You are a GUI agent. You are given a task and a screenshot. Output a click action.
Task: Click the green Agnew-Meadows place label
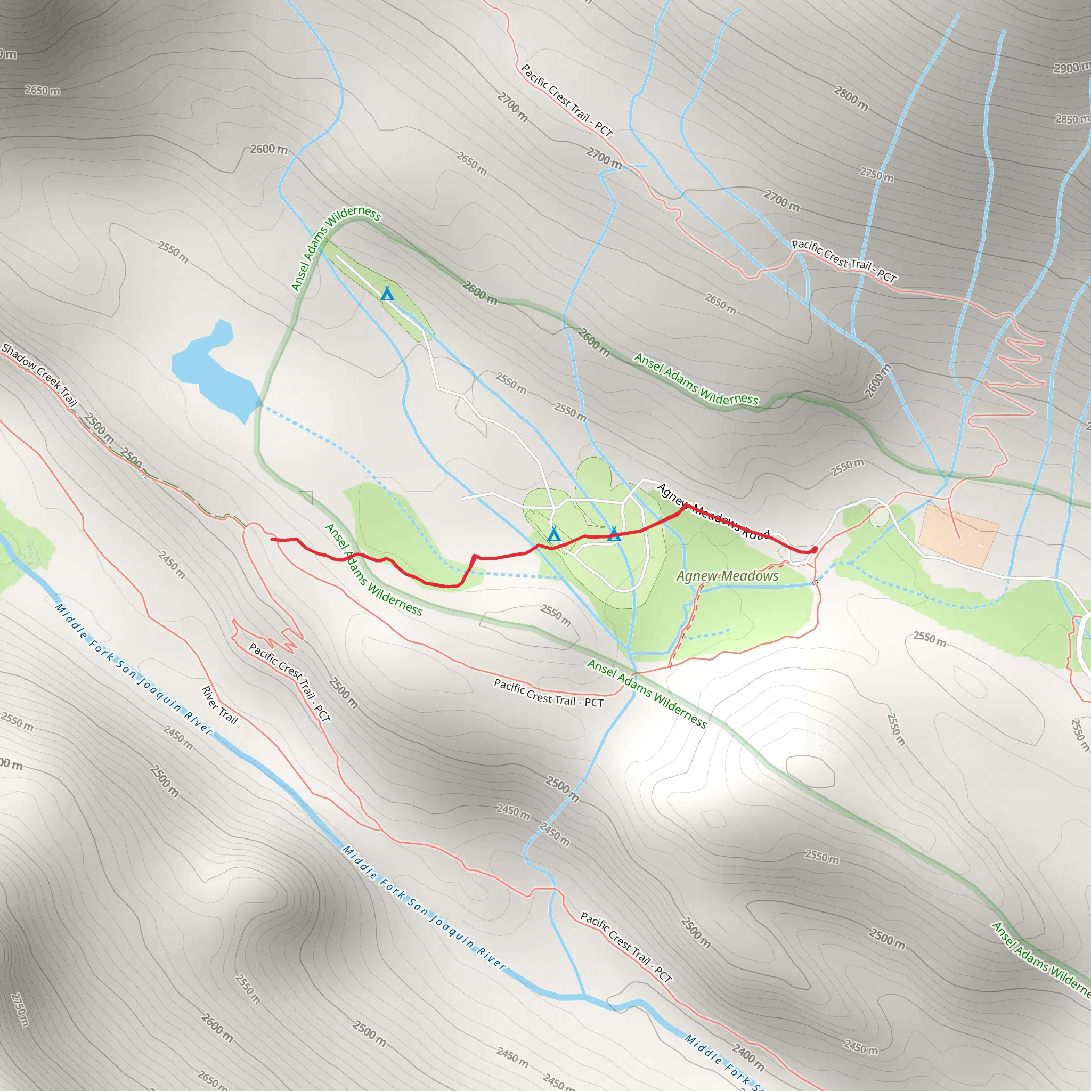point(727,576)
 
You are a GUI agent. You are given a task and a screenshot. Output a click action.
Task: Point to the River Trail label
point(219,705)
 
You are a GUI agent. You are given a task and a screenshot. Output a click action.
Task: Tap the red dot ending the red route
point(815,549)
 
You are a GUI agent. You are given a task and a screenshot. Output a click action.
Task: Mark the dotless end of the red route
point(272,539)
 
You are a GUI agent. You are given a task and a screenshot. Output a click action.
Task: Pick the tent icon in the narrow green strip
point(387,294)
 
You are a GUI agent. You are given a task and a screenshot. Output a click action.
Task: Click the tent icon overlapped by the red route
point(614,534)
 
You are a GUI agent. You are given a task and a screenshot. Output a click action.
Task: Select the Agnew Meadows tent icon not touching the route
point(553,534)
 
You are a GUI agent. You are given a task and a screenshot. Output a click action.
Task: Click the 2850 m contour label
point(1072,119)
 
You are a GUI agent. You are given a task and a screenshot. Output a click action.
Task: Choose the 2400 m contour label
point(748,1056)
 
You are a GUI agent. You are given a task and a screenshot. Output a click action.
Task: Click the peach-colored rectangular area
point(958,536)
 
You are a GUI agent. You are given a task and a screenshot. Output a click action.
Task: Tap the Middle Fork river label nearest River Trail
point(133,669)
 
